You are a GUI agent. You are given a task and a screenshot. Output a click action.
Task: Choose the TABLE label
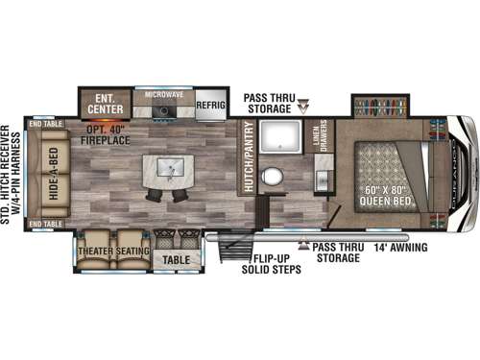tap(176, 258)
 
